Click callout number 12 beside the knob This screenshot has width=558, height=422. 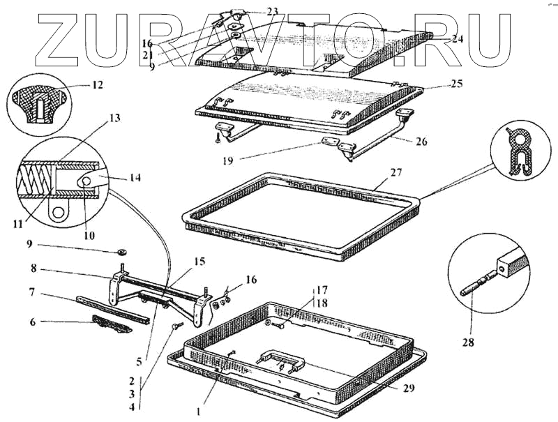tap(97, 86)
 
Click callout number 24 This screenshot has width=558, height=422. tap(457, 40)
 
